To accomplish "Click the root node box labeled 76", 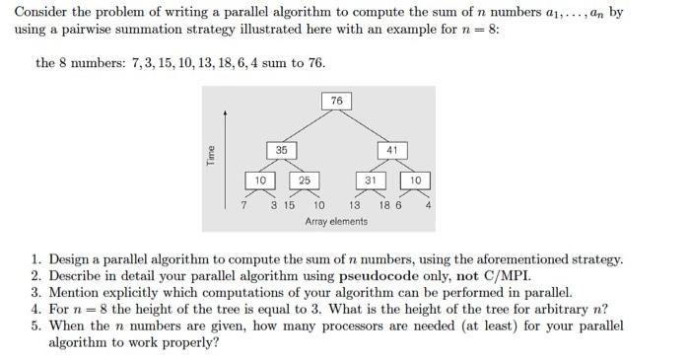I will click(x=336, y=102).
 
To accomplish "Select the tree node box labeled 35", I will click(x=281, y=149).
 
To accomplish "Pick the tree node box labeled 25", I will click(x=303, y=180).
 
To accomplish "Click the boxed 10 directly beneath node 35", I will click(x=260, y=180).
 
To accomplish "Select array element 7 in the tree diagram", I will click(x=244, y=206).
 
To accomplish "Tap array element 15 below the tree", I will click(x=290, y=206).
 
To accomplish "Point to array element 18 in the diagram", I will click(x=383, y=206).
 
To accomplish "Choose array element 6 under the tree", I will click(x=398, y=206).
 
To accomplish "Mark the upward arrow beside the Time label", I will click(x=226, y=148).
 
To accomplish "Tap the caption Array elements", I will click(x=336, y=221).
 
